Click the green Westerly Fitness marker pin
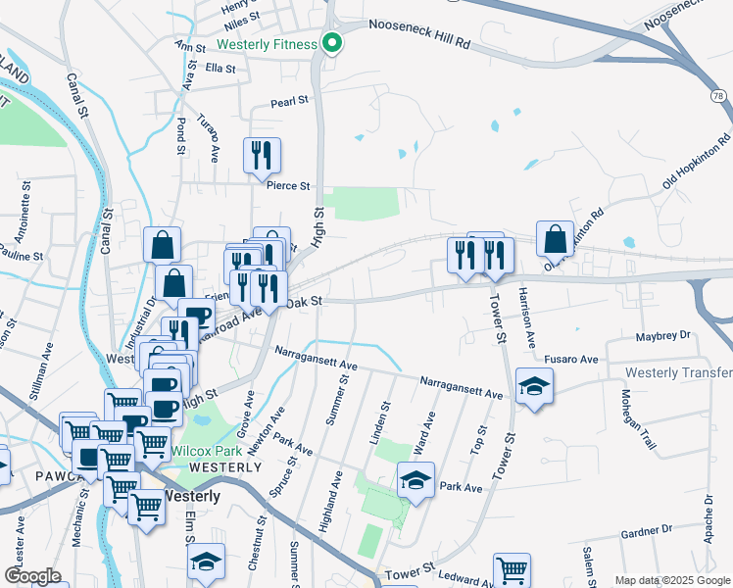point(332,43)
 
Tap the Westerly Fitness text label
point(267,44)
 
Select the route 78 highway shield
point(718,95)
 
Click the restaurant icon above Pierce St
point(262,155)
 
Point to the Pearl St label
point(289,101)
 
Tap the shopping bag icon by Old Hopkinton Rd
point(556,239)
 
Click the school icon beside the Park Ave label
point(415,481)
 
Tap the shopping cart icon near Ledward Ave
point(513,570)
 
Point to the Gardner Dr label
point(646,531)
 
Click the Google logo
point(32,576)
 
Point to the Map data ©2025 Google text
point(672,580)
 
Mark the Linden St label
point(379,422)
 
